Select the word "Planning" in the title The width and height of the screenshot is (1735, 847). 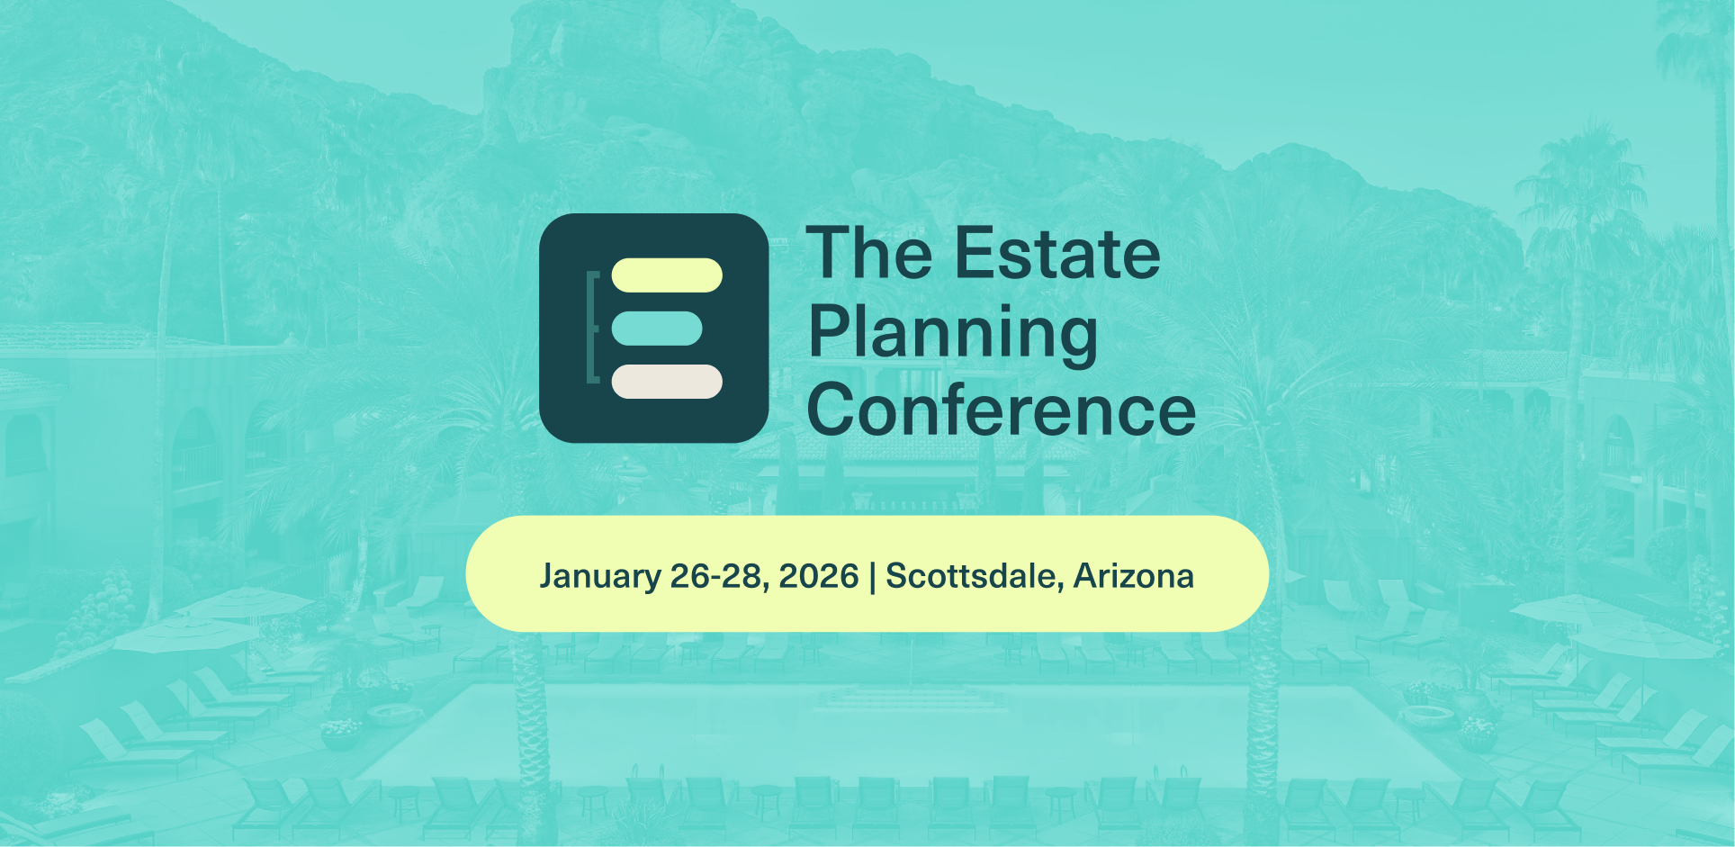coord(953,334)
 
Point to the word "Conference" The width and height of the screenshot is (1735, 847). coord(1002,410)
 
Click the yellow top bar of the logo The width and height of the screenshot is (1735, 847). coord(667,275)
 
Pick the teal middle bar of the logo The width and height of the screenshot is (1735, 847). coord(657,329)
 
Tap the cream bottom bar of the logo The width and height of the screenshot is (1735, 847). coord(667,382)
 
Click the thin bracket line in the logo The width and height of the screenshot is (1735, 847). coord(591,327)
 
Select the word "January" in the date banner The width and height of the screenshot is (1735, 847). coord(600,576)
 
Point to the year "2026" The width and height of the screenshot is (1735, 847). coord(819,576)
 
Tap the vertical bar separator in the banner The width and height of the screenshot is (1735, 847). coord(872,576)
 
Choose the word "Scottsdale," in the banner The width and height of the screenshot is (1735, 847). coord(975,576)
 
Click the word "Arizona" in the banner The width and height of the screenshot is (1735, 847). coord(1134,576)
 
